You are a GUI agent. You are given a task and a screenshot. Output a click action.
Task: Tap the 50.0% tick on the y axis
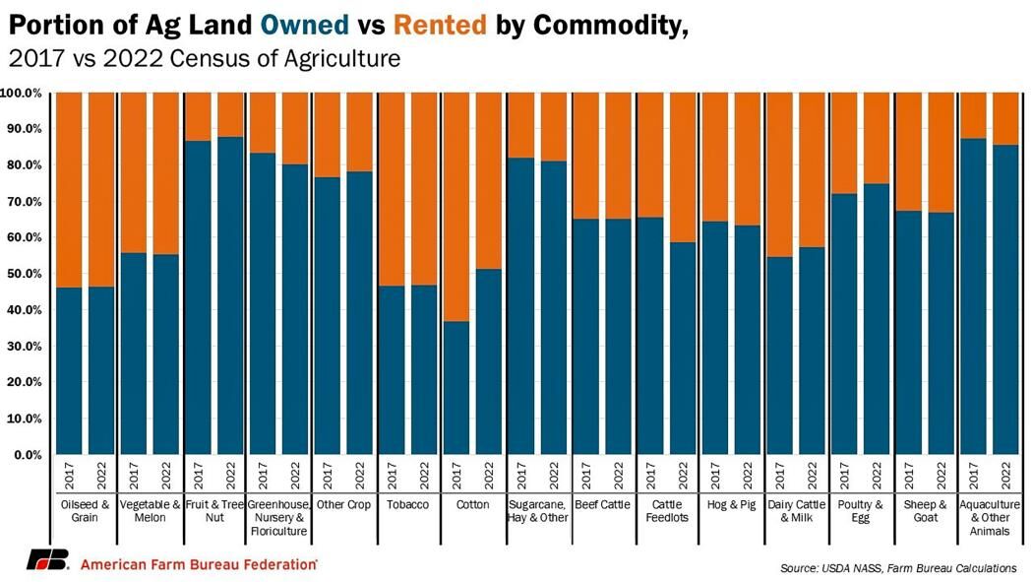(21, 274)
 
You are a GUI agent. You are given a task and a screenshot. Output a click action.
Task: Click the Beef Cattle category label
(602, 504)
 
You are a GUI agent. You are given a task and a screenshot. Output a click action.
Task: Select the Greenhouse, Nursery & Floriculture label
(278, 517)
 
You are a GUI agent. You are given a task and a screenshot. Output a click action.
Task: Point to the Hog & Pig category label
(732, 504)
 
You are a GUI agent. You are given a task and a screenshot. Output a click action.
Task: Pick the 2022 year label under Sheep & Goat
(942, 479)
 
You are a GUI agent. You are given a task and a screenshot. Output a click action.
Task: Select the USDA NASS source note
(898, 568)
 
